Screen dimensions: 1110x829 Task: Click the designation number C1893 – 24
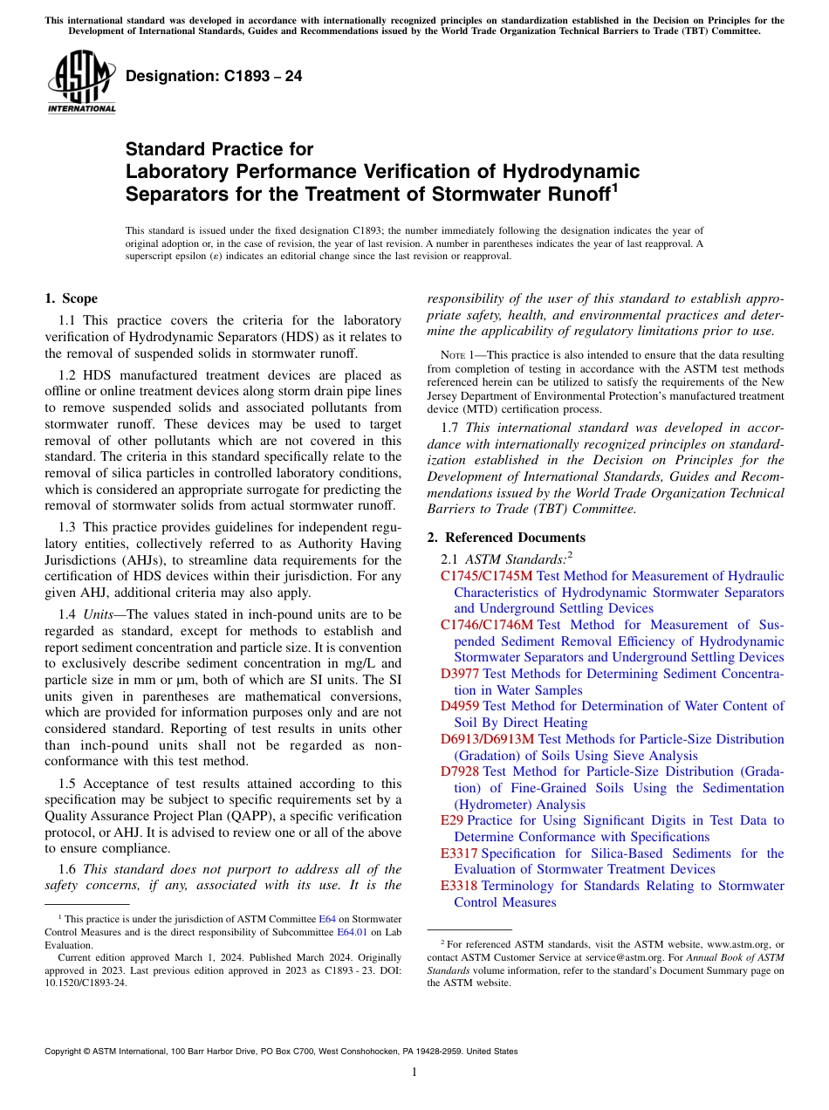(x=214, y=76)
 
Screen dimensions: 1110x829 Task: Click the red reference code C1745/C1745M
(x=486, y=576)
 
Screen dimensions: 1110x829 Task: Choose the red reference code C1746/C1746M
(x=486, y=625)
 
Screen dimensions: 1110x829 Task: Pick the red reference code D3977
(x=460, y=674)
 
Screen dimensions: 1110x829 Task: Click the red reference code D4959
(x=460, y=706)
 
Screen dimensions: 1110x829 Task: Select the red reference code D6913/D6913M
(x=488, y=739)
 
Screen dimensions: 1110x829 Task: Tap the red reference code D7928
(x=460, y=771)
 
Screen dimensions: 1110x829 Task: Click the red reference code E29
(x=452, y=820)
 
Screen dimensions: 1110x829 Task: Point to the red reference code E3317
(x=459, y=853)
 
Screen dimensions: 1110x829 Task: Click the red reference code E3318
(x=459, y=886)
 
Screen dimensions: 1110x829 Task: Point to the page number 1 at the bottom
(x=414, y=1072)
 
